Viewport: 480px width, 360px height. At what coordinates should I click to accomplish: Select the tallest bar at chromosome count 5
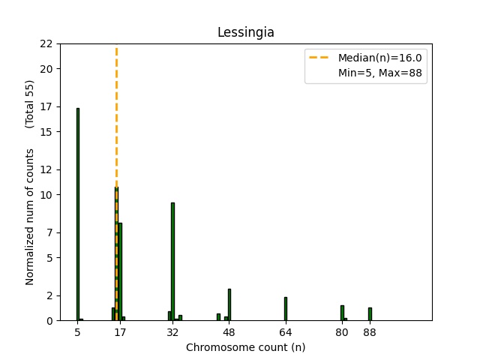pos(77,214)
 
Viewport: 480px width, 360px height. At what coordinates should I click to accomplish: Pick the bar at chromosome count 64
pos(286,309)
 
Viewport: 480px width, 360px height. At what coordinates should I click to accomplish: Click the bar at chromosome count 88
pos(370,314)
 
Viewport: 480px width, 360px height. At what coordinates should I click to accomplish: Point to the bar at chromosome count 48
pos(229,304)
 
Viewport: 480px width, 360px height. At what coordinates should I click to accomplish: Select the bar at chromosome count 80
pos(342,313)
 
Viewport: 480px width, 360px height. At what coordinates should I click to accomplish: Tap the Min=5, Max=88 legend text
pos(382,73)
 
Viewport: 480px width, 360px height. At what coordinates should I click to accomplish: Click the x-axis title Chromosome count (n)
pos(245,347)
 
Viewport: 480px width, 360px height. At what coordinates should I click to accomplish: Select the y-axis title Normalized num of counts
pos(30,216)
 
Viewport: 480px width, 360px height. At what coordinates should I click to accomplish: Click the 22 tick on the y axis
pos(46,43)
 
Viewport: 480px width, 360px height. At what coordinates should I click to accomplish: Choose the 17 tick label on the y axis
pos(46,106)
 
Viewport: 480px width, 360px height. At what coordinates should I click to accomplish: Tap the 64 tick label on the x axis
pos(286,332)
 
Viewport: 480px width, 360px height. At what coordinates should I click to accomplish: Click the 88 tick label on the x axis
pos(370,332)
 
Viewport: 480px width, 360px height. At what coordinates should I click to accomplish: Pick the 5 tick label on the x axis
pos(77,332)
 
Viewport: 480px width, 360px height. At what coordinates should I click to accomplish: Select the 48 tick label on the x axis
pos(229,332)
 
